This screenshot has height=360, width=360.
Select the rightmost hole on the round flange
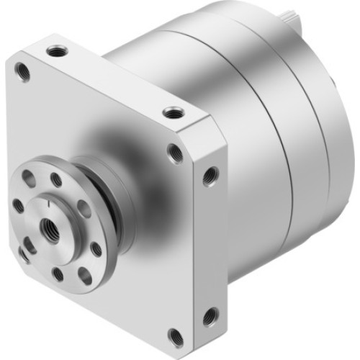click(x=96, y=249)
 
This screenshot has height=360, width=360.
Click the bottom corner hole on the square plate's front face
click(x=175, y=334)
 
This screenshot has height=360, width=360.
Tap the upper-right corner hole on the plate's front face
click(x=174, y=152)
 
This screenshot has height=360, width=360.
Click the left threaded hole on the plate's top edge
click(x=54, y=50)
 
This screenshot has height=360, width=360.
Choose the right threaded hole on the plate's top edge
click(x=172, y=112)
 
